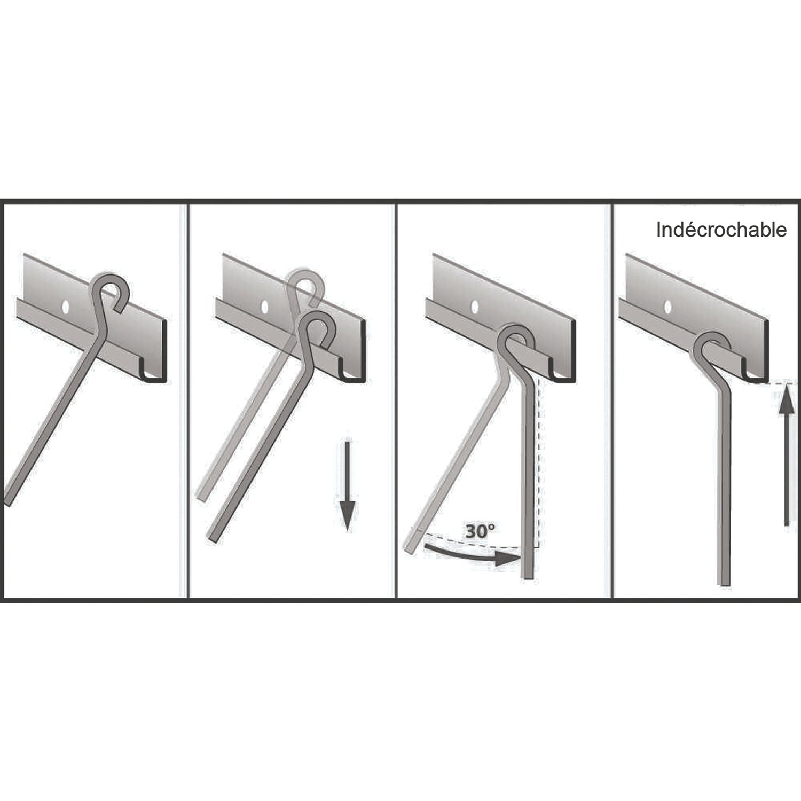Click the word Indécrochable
click(721, 230)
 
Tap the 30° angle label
click(480, 531)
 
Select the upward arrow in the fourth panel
click(786, 457)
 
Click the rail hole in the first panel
click(66, 307)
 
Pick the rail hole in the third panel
click(475, 307)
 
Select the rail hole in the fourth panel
click(667, 307)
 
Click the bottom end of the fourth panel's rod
click(725, 584)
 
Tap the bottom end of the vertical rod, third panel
click(527, 576)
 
